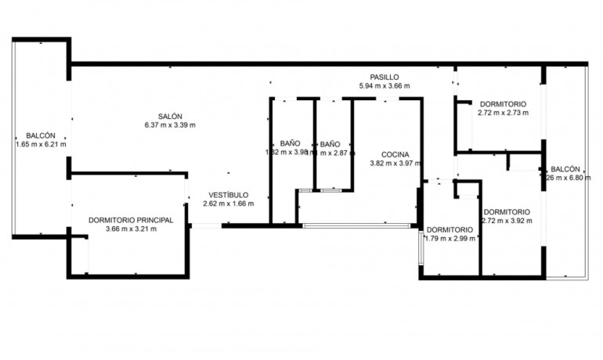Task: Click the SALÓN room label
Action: click(x=170, y=116)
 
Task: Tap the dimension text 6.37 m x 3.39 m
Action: click(x=170, y=125)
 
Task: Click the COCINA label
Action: click(x=395, y=154)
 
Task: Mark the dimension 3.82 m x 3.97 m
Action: click(x=395, y=164)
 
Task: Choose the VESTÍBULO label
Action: click(x=229, y=194)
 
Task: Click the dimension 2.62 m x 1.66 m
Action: click(x=229, y=203)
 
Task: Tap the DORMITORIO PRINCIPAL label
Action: click(x=131, y=221)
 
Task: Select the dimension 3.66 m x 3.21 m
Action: click(x=131, y=230)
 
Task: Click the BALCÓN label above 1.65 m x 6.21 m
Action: click(x=41, y=135)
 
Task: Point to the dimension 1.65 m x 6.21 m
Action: click(x=41, y=144)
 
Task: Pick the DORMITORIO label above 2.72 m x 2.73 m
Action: click(x=503, y=103)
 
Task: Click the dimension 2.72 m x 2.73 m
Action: click(x=503, y=113)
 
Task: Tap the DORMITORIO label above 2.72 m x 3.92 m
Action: click(x=507, y=211)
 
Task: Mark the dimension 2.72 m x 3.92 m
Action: click(x=507, y=221)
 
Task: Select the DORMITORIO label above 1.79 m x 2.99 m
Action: click(x=450, y=229)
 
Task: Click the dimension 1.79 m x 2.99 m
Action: click(x=450, y=239)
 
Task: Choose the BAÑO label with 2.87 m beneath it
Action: click(x=330, y=144)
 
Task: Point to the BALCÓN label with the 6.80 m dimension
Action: click(x=565, y=169)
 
